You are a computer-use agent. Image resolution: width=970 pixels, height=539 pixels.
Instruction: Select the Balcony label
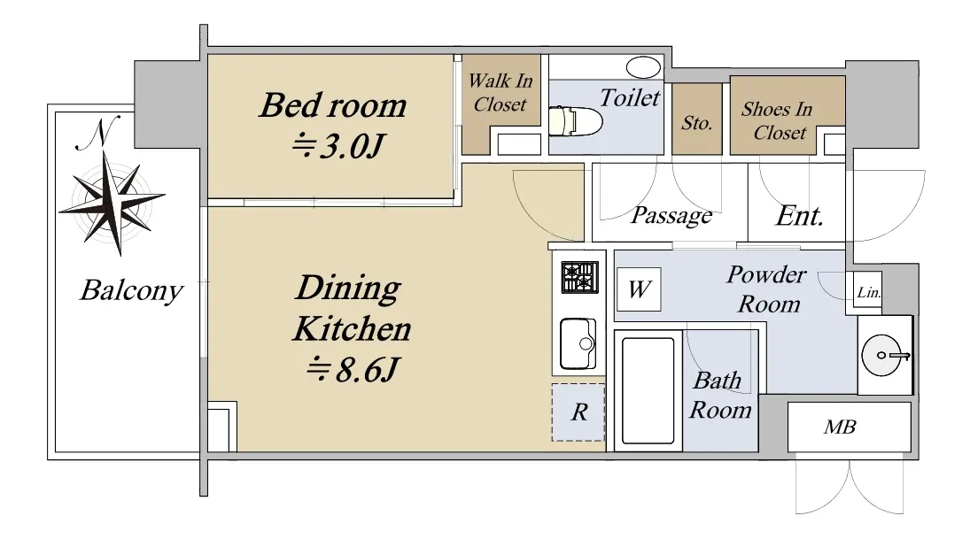(x=131, y=290)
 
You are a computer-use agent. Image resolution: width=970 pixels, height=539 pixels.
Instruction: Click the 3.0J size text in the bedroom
(x=338, y=147)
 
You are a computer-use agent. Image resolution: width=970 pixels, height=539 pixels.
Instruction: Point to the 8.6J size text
(x=353, y=370)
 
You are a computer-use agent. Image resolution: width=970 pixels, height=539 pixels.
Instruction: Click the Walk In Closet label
(x=500, y=93)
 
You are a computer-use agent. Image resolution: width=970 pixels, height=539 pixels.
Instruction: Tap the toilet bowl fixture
(x=575, y=121)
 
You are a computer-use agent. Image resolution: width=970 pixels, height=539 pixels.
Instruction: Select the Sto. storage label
(x=696, y=122)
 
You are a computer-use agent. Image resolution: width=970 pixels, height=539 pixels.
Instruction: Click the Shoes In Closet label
(x=777, y=120)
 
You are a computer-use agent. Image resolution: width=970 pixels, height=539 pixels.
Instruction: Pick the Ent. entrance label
(x=799, y=216)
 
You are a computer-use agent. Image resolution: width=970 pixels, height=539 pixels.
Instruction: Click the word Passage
(x=671, y=216)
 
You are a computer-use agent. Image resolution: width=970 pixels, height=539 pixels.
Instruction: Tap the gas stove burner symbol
(x=579, y=277)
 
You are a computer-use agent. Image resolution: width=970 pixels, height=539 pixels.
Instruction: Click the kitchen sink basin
(x=578, y=343)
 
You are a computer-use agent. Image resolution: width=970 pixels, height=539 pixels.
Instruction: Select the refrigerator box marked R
(x=578, y=412)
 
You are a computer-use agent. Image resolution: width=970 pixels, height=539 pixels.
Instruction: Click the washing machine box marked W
(x=639, y=289)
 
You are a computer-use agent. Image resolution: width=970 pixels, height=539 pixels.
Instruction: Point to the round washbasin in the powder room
(x=883, y=355)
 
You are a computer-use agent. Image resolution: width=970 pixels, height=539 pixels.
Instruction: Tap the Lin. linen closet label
(x=868, y=292)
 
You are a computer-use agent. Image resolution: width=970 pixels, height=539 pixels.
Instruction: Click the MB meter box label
(x=840, y=427)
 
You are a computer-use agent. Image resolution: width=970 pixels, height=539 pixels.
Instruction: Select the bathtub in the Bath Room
(x=648, y=390)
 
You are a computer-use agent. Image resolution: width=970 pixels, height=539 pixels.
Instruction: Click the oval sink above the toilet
(x=643, y=66)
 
